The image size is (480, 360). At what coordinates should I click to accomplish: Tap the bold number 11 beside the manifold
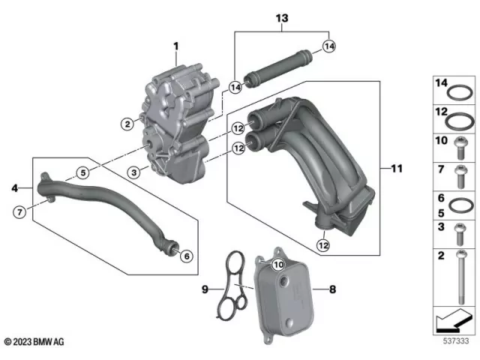(x=397, y=169)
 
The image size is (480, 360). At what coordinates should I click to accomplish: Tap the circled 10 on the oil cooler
(x=277, y=264)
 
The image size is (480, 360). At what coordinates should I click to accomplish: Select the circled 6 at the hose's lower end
(x=187, y=256)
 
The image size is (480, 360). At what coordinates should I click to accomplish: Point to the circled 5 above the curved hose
(x=83, y=172)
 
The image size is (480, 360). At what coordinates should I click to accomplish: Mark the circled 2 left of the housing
(x=127, y=123)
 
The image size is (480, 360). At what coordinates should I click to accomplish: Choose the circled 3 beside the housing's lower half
(x=133, y=172)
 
